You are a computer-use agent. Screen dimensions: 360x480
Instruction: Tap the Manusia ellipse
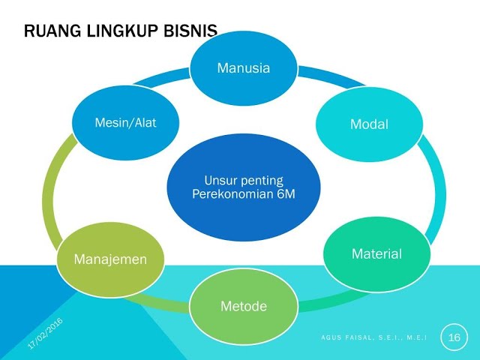(x=243, y=68)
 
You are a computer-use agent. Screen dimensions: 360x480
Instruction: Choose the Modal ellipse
(x=369, y=124)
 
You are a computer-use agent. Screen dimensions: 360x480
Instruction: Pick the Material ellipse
(x=376, y=254)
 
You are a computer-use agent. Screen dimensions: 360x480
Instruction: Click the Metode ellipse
(x=243, y=306)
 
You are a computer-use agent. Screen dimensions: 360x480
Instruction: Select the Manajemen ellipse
(x=109, y=259)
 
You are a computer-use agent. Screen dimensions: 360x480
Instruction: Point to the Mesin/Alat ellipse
(x=125, y=123)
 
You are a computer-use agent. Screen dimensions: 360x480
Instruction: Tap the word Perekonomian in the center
(x=227, y=195)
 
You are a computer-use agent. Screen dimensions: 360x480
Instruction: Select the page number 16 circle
(x=454, y=337)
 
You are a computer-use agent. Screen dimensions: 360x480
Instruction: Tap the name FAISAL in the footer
(x=360, y=339)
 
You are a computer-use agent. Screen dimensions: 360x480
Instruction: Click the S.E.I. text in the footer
(x=390, y=339)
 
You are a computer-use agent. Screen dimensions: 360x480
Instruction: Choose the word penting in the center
(x=259, y=180)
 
